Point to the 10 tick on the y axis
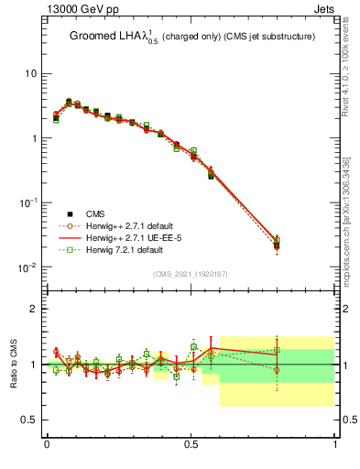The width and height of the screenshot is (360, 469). [29, 73]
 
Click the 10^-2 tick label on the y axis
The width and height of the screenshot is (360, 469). [27, 267]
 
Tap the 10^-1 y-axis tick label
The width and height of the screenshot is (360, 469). [27, 202]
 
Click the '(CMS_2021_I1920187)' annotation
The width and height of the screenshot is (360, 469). [191, 274]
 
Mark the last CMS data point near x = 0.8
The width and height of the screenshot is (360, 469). [277, 245]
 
